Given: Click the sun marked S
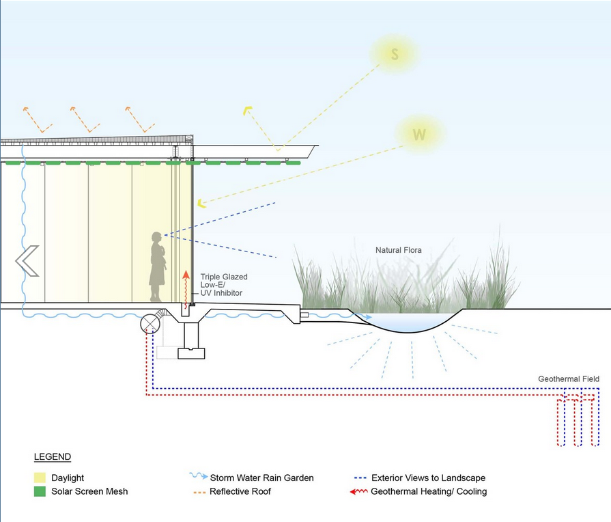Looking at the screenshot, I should pyautogui.click(x=395, y=54).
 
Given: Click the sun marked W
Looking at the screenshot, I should pyautogui.click(x=419, y=135).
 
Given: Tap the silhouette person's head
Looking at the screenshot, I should pyautogui.click(x=157, y=238).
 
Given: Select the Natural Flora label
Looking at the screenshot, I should pyautogui.click(x=399, y=251).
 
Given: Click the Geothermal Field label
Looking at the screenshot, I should pyautogui.click(x=569, y=379).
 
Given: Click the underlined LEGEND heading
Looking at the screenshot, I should pyautogui.click(x=52, y=456).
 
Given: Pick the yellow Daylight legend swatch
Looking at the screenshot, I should pyautogui.click(x=39, y=478).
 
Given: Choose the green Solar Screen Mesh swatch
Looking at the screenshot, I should pyautogui.click(x=39, y=491).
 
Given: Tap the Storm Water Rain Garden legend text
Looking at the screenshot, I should pyautogui.click(x=261, y=478).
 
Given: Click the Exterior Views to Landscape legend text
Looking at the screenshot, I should pyautogui.click(x=428, y=478).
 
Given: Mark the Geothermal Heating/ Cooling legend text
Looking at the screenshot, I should pyautogui.click(x=429, y=491).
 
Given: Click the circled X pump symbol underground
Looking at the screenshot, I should pyautogui.click(x=149, y=325).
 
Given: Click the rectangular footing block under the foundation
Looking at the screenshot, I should pyautogui.click(x=190, y=353).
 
